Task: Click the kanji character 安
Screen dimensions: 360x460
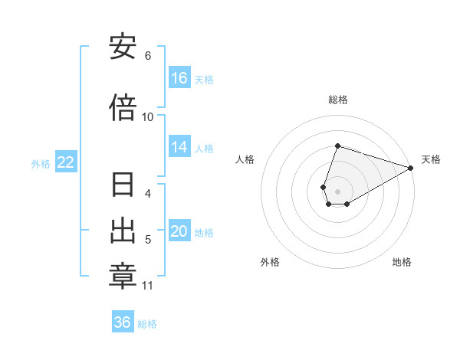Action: (123, 47)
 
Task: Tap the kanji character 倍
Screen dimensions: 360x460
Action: (123, 106)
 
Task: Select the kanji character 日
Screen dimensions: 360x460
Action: (123, 186)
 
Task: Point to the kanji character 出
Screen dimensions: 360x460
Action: (123, 231)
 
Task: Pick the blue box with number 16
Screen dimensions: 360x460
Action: (179, 78)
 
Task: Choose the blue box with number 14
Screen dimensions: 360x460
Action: (179, 147)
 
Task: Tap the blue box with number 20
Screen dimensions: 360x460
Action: (179, 231)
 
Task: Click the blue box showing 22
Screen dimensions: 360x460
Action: (66, 162)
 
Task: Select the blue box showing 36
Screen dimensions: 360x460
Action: (123, 322)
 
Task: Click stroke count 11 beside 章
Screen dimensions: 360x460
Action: (147, 286)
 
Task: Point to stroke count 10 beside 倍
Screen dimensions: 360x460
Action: (148, 116)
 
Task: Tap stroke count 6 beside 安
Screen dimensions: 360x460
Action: (148, 56)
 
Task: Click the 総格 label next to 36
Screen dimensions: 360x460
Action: (147, 324)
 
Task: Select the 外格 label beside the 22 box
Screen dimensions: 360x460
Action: (41, 164)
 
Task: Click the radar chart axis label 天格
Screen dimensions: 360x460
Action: (431, 159)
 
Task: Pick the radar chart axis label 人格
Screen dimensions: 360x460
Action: (245, 159)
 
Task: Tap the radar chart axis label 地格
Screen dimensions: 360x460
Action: (402, 262)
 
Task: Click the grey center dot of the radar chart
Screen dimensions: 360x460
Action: (338, 181)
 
